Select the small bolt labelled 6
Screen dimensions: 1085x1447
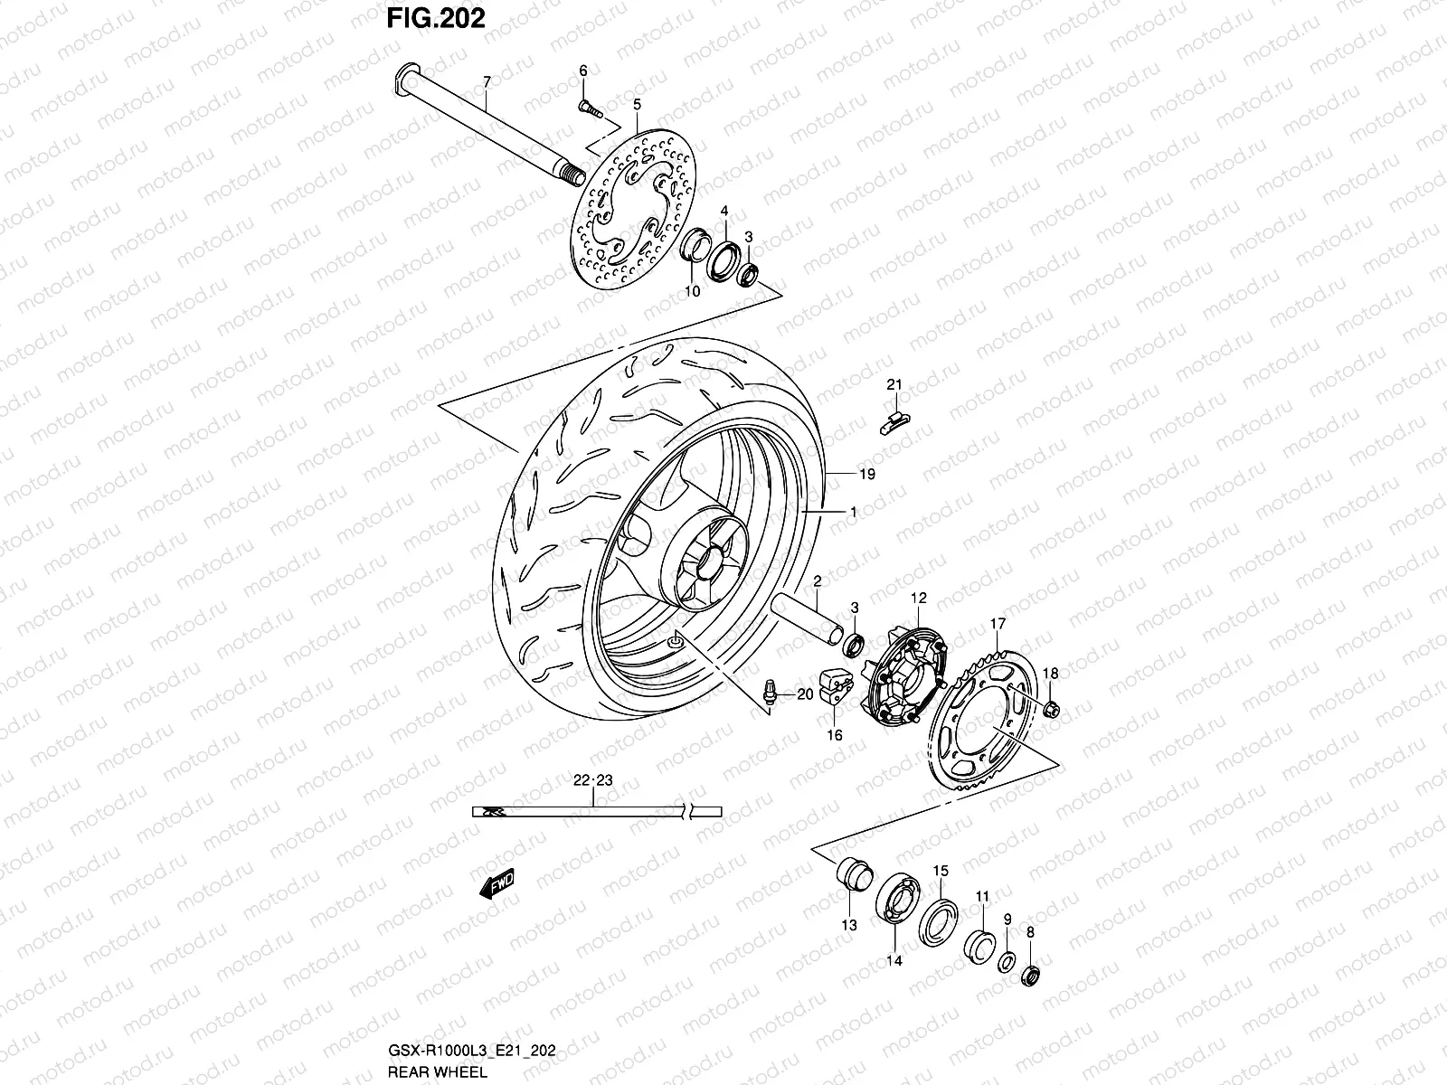(587, 108)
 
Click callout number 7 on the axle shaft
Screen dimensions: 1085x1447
(486, 82)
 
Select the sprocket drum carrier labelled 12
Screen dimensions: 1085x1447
(904, 678)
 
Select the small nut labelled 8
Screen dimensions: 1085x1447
(1028, 976)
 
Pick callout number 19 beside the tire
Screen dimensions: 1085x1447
(867, 474)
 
